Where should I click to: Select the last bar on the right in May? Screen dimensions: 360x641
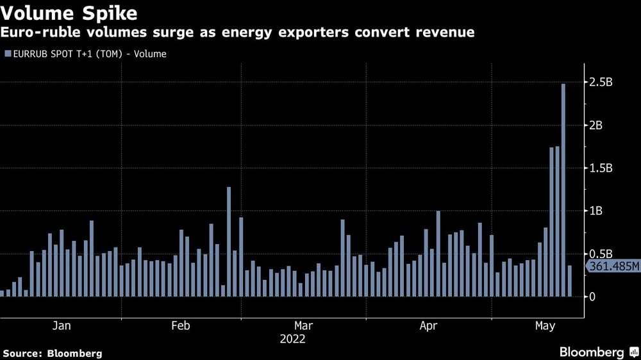pyautogui.click(x=570, y=281)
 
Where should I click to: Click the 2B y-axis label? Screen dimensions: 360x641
pyautogui.click(x=596, y=126)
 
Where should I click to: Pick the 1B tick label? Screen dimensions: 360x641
pyautogui.click(x=596, y=211)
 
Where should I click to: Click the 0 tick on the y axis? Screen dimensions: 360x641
pyautogui.click(x=593, y=297)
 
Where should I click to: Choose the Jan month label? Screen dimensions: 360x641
pyautogui.click(x=62, y=326)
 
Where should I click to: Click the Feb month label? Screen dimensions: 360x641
pyautogui.click(x=181, y=326)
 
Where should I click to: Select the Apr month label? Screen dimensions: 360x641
pyautogui.click(x=428, y=326)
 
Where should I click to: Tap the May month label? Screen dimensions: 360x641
pyautogui.click(x=545, y=326)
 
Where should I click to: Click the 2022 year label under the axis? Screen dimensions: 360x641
pyautogui.click(x=292, y=339)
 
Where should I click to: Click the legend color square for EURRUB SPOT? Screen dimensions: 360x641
pyautogui.click(x=7, y=54)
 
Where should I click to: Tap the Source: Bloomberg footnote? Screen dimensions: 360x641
pyautogui.click(x=53, y=353)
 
